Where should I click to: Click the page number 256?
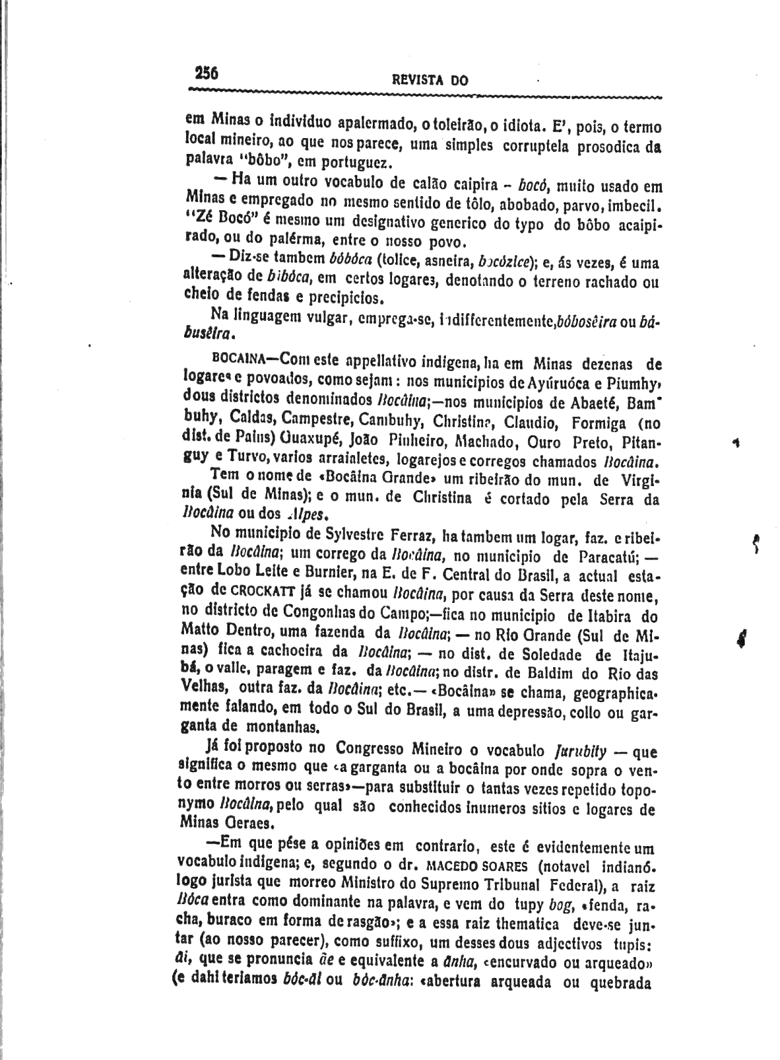coord(207,72)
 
